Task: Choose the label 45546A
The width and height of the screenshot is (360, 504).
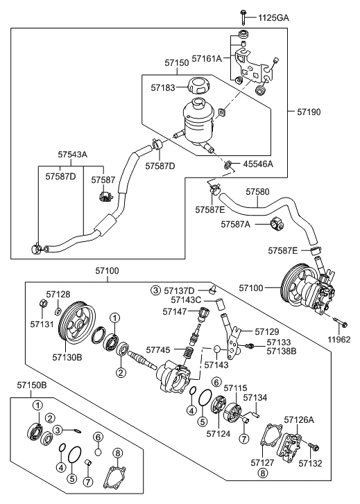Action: click(258, 164)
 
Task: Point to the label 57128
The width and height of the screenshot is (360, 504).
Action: click(58, 294)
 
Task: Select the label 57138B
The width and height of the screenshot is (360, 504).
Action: click(281, 351)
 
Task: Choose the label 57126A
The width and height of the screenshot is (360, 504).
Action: click(300, 419)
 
